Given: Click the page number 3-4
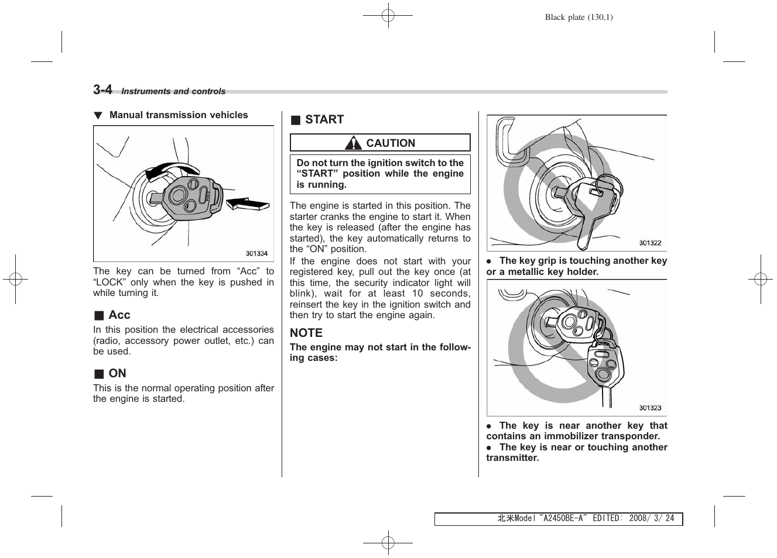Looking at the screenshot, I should pos(102,89).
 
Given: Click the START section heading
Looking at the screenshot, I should pos(324,119).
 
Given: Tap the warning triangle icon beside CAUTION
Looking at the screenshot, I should pos(353,143).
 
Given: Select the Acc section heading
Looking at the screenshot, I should pos(119,315).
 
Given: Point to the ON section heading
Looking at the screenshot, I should pos(117,373).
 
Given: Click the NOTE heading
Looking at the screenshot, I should pos(306,333).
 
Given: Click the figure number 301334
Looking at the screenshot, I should pos(256,253).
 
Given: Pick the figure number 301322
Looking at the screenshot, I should pos(650,243).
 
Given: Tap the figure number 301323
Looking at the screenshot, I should pos(650,408).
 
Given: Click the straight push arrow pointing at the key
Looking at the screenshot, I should pos(247,204).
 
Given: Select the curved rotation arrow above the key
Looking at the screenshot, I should pos(171,170).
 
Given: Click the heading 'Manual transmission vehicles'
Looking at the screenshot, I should pos(179,115).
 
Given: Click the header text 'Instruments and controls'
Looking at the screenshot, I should pos(173,91).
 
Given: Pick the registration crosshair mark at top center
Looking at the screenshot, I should pos(388,16).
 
